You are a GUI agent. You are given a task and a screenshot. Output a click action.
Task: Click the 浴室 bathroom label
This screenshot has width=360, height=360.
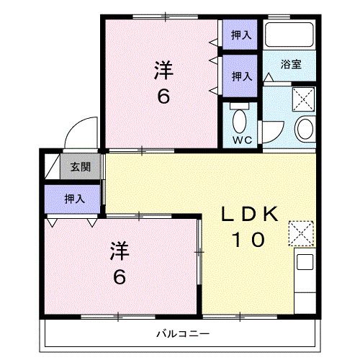[290, 64]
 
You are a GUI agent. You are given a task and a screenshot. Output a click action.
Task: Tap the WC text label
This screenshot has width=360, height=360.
[240, 140]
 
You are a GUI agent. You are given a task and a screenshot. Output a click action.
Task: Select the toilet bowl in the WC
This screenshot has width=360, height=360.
[240, 117]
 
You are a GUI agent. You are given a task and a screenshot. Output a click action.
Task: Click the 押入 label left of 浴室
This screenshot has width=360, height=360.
[240, 74]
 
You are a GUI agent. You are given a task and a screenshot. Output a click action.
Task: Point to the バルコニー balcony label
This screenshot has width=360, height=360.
[181, 334]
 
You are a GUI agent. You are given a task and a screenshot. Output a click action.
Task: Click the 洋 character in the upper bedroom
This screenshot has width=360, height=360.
[164, 70]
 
